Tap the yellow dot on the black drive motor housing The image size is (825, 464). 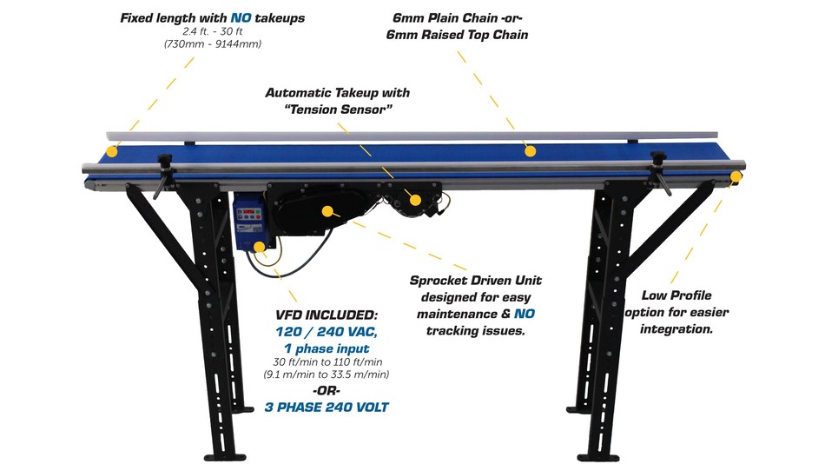[x=328, y=211]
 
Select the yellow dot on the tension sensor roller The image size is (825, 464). [x=415, y=201]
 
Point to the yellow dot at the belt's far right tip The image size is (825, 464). [x=736, y=177]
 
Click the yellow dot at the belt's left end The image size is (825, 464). [x=112, y=152]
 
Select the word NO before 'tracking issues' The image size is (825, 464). [x=524, y=313]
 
